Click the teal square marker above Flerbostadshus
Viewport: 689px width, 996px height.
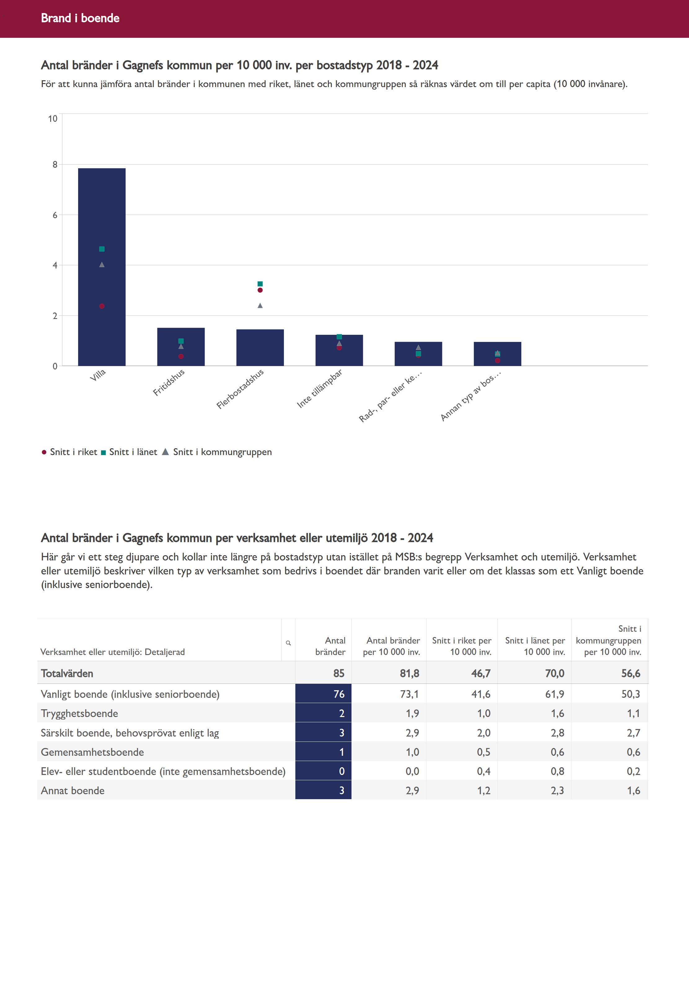[260, 284]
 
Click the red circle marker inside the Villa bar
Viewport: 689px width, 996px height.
[102, 306]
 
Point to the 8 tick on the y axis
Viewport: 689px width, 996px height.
[55, 165]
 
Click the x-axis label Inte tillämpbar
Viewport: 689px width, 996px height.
[320, 388]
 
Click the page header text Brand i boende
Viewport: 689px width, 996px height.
[80, 18]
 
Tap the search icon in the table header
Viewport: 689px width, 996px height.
[288, 643]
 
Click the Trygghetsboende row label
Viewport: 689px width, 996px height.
[79, 713]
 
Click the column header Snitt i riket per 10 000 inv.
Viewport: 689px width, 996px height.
[462, 646]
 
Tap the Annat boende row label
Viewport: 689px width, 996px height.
[73, 790]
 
